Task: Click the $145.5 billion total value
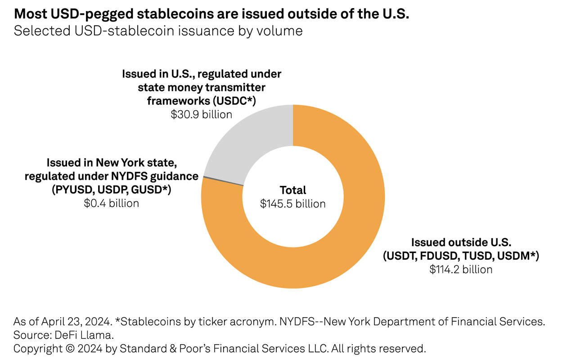point(292,204)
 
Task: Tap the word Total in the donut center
point(292,190)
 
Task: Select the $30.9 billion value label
point(201,114)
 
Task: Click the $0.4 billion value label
point(111,203)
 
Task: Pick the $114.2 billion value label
point(461,269)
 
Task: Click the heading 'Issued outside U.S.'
point(461,242)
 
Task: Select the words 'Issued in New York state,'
point(112,162)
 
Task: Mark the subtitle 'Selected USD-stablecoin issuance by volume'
point(158,31)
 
